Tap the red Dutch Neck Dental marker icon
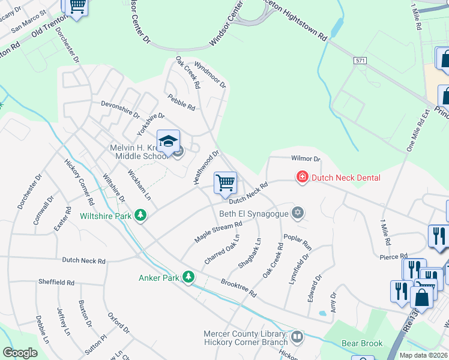coord(302,177)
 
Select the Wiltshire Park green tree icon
coord(140,215)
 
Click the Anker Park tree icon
coord(189,277)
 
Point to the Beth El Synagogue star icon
coord(297,213)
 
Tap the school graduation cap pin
coord(168,142)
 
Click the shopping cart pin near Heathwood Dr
coord(225,182)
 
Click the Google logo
coord(20,353)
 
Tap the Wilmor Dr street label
coord(306,160)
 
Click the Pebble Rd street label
coord(182,102)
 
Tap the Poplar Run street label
coord(298,241)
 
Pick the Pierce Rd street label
coord(394,256)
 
